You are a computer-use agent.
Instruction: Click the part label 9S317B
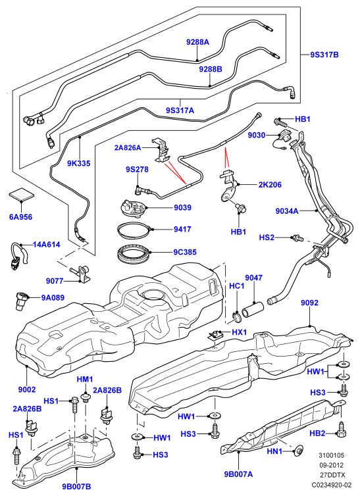(324, 55)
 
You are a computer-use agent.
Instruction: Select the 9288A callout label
(197, 41)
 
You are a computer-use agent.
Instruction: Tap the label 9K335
(78, 163)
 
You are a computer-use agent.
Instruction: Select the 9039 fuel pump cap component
(132, 209)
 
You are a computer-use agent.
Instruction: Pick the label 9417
(182, 229)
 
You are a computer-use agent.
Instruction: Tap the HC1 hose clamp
(236, 316)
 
